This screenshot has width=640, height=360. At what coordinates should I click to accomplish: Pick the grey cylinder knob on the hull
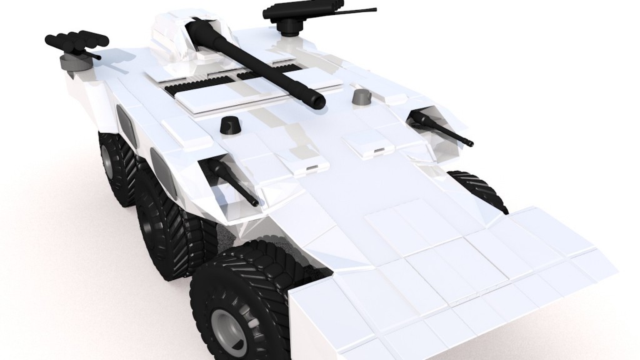(x=361, y=96)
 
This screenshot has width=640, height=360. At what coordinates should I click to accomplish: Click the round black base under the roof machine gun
(x=289, y=26)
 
